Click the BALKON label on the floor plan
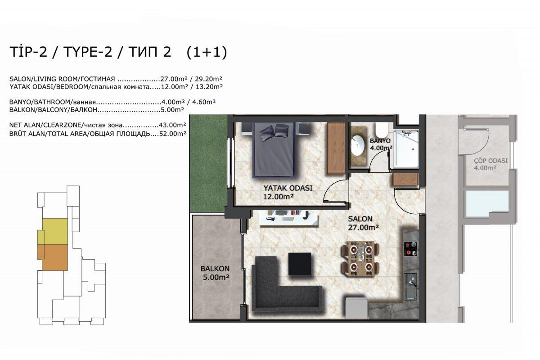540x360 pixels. (215, 268)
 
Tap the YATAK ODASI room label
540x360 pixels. (288, 192)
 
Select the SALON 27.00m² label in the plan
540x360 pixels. (363, 223)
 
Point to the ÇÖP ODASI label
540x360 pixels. (490, 164)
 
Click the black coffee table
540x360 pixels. (300, 264)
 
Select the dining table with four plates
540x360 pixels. (360, 258)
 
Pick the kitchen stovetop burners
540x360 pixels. (410, 248)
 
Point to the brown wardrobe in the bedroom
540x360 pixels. (336, 148)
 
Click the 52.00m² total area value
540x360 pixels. (173, 133)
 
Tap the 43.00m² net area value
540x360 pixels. (172, 125)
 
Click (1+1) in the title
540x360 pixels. (207, 52)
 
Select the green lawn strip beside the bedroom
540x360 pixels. (208, 163)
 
